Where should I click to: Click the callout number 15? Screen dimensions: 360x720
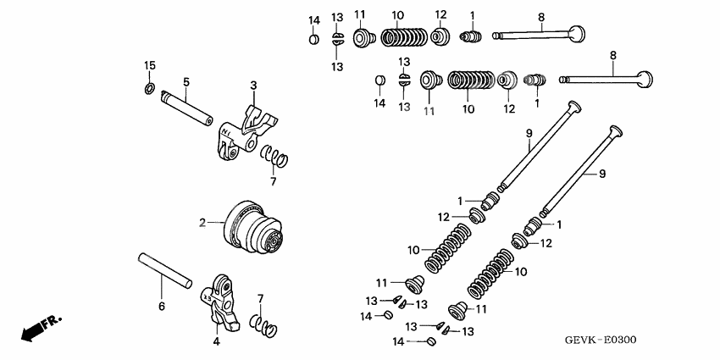coord(149,66)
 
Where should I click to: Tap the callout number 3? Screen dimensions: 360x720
coord(252,86)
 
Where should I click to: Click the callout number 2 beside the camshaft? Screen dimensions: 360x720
coord(202,224)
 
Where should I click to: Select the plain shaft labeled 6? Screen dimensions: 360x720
coord(165,271)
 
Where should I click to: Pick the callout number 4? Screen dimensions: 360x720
coord(216,341)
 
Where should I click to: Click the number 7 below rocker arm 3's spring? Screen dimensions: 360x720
coord(273,181)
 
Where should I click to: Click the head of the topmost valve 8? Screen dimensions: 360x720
coord(578,34)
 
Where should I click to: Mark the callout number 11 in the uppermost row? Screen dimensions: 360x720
coord(360,14)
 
